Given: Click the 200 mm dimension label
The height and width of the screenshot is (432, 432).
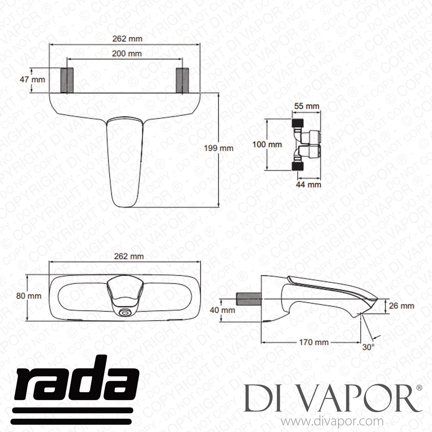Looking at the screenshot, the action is click(127, 54).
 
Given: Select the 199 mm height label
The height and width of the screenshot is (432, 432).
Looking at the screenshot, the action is click(218, 148).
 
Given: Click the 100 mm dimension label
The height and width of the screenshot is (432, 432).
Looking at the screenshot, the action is click(267, 144).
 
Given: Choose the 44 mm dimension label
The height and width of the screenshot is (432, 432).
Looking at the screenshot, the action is click(308, 184).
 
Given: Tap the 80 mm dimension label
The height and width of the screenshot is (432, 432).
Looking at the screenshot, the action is click(29, 296).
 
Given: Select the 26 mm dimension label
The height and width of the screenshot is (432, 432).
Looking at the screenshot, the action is click(401, 306).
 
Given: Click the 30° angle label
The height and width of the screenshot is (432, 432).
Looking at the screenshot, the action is click(368, 347).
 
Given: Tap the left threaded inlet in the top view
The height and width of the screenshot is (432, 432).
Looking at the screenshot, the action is click(67, 80).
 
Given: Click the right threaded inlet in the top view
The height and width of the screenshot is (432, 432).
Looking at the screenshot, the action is click(182, 80).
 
